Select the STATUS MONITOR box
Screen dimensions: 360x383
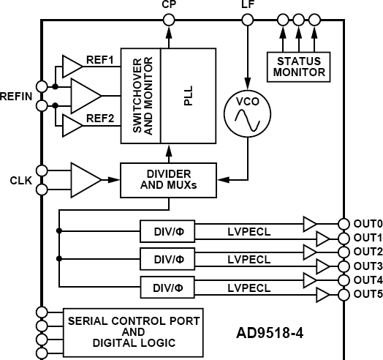tap(297, 65)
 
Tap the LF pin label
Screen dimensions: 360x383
tap(248, 6)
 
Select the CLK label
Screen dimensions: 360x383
tap(20, 179)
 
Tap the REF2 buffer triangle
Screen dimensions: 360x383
tap(72, 126)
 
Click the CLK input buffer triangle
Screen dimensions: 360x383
tap(85, 179)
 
